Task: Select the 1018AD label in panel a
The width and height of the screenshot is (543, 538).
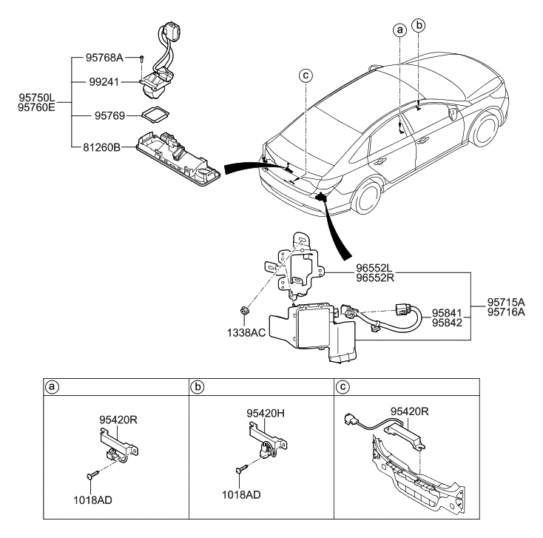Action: [x=94, y=500]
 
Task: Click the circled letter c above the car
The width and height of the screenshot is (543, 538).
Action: [x=304, y=73]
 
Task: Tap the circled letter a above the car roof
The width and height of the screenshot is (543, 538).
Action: [x=399, y=30]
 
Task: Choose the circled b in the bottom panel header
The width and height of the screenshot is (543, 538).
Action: [x=198, y=386]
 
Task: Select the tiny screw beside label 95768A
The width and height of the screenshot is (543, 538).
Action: [x=140, y=58]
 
